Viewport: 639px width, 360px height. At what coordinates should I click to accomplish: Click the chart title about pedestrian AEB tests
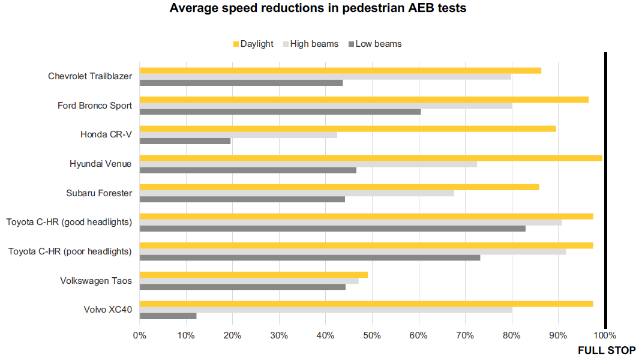[318, 8]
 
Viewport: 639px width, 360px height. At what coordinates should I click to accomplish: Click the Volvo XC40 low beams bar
[168, 316]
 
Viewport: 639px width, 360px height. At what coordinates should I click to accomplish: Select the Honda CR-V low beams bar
[185, 141]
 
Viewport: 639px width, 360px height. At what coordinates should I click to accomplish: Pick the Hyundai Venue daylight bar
[370, 158]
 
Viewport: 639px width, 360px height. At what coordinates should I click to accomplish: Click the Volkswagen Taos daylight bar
[253, 274]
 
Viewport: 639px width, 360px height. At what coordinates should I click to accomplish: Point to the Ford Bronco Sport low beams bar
[280, 112]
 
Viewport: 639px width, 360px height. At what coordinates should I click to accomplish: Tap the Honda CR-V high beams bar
[238, 134]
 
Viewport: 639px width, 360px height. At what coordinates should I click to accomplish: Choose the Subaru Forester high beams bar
[296, 193]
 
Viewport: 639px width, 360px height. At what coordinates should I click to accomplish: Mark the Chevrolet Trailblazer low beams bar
[241, 83]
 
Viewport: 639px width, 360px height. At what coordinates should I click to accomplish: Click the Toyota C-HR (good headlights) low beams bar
[332, 228]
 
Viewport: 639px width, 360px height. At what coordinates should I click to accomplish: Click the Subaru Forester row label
[99, 193]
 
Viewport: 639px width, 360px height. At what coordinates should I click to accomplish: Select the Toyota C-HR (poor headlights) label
[70, 251]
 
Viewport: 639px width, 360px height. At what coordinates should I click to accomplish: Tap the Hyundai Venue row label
[101, 164]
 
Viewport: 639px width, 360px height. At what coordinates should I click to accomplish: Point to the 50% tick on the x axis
[372, 335]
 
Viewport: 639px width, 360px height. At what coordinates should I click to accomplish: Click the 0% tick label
[139, 335]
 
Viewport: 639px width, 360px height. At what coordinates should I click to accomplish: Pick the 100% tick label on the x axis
[605, 335]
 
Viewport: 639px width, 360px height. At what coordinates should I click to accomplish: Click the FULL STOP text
[607, 350]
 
